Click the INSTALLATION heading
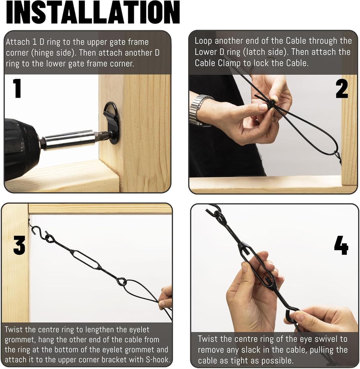93,13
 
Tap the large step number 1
17,89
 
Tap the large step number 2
342,89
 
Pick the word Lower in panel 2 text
206,52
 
